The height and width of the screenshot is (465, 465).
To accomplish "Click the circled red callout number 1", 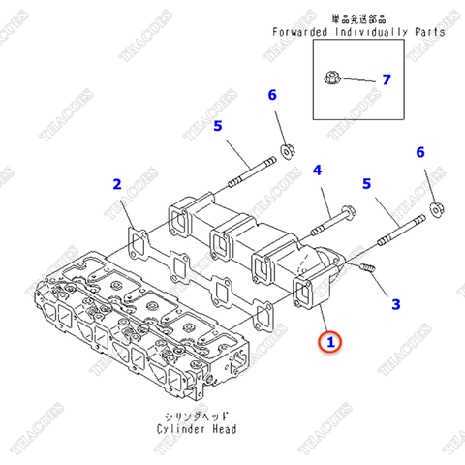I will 331,341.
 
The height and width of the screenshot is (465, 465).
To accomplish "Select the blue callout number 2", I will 116,183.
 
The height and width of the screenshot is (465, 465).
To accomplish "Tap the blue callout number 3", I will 394,304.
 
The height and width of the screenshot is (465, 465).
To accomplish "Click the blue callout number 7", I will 386,78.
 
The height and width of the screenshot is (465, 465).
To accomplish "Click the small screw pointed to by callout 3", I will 366,266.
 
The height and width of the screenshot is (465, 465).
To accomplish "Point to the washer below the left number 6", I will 288,149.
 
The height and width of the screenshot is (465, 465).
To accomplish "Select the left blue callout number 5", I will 218,125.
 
